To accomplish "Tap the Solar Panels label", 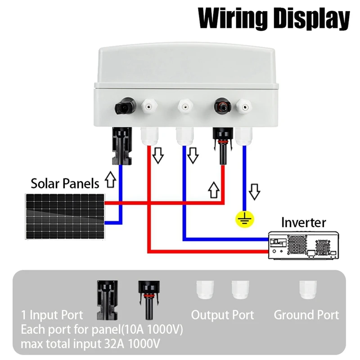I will pyautogui.click(x=65, y=184).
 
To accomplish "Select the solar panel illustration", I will pyautogui.click(x=65, y=215).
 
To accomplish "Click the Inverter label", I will pyautogui.click(x=303, y=222).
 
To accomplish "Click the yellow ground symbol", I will pyautogui.click(x=245, y=219).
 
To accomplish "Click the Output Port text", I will pyautogui.click(x=222, y=315).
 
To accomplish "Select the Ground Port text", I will pyautogui.click(x=306, y=315).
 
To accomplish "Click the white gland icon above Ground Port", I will pyautogui.click(x=308, y=290).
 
